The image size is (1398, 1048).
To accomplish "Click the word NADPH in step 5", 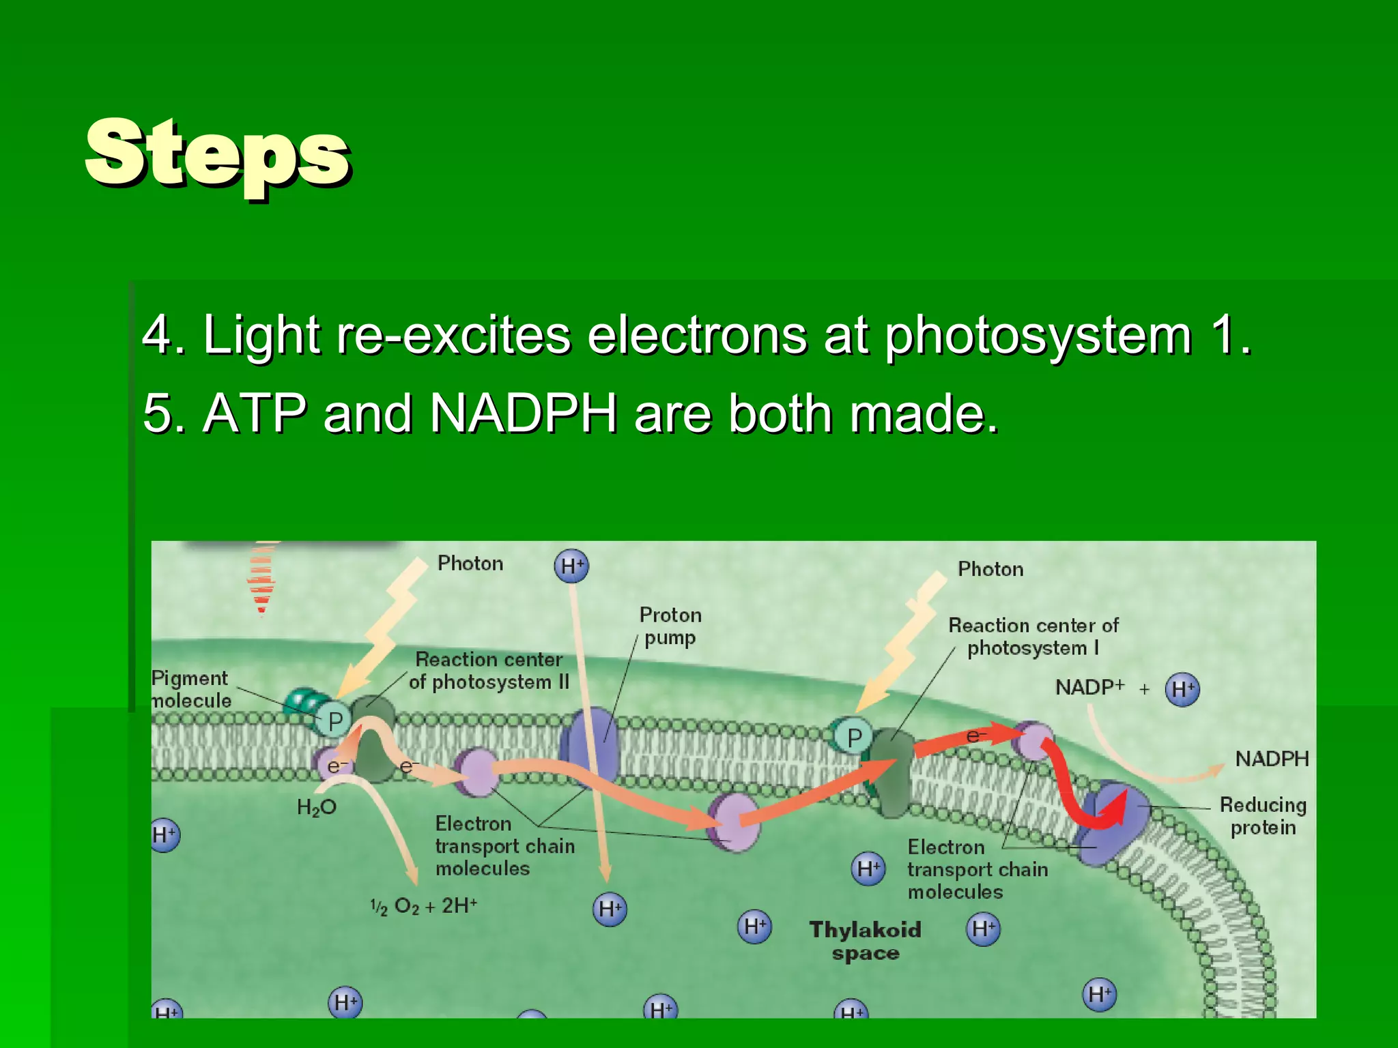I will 524,413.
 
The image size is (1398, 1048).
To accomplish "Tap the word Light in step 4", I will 261,335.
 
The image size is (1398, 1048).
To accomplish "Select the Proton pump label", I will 670,626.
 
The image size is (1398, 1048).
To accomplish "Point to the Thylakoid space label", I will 865,941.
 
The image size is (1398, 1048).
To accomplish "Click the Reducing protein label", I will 1263,816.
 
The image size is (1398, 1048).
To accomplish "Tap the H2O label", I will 316,808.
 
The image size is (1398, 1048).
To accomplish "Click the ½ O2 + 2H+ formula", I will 423,907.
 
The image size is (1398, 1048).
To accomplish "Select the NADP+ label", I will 1089,687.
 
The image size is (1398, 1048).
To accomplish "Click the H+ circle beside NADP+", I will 1182,689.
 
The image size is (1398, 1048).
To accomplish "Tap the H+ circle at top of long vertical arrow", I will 571,566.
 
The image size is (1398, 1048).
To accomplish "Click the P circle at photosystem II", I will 335,721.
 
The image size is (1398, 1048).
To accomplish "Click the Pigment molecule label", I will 190,689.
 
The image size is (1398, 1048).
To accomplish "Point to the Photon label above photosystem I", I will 990,569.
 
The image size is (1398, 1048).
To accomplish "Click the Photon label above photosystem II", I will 470,564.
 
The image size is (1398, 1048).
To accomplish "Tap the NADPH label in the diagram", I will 1272,759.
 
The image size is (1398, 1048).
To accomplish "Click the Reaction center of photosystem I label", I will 1033,637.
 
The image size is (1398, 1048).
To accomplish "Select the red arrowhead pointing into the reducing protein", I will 1114,812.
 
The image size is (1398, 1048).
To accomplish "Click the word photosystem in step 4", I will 1038,335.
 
